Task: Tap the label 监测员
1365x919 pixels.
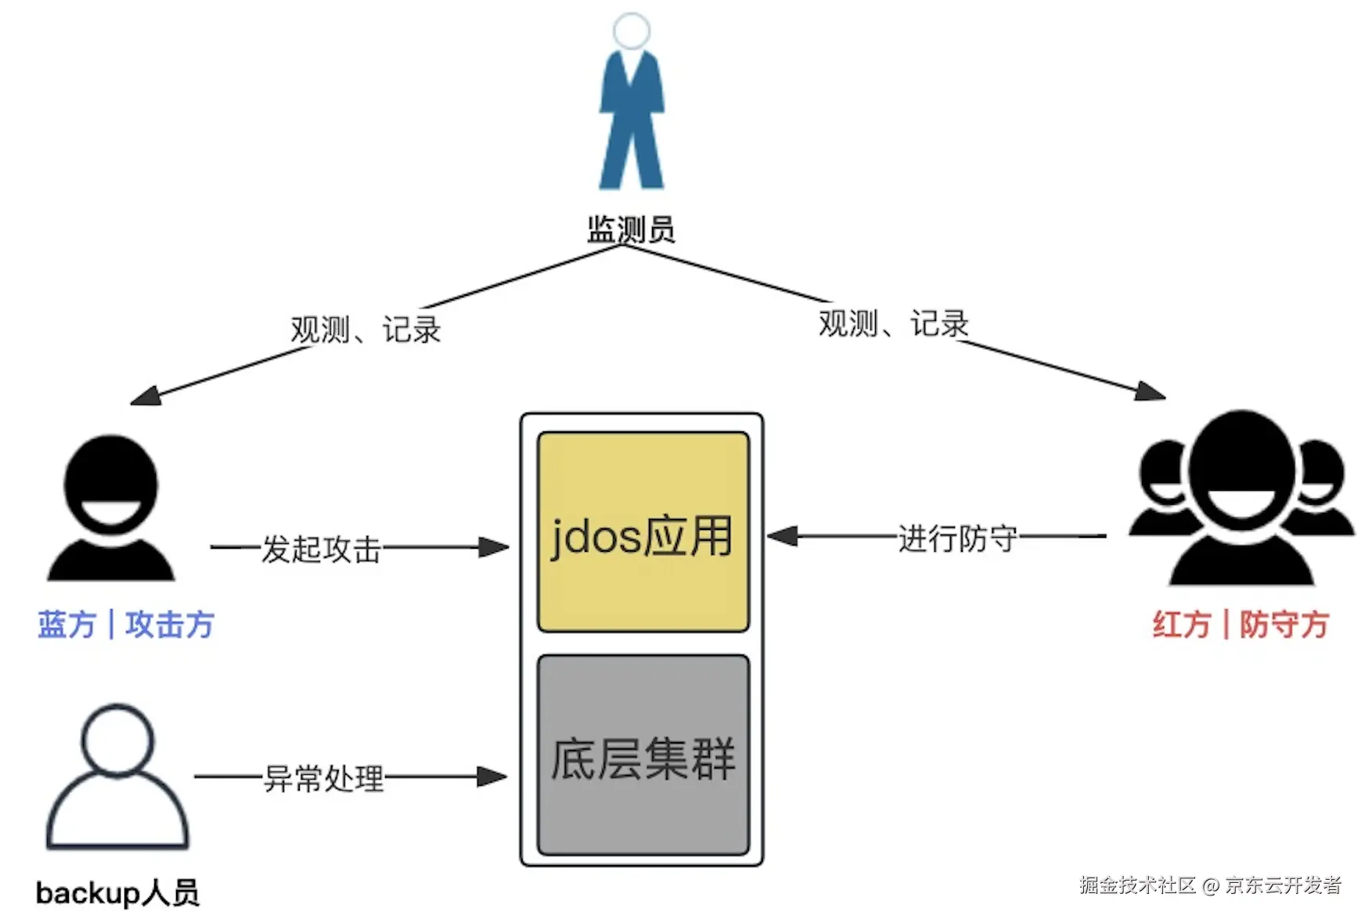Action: pyautogui.click(x=631, y=230)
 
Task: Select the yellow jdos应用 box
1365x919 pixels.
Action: pyautogui.click(x=643, y=532)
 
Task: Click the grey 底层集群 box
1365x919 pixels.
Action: pyautogui.click(x=643, y=755)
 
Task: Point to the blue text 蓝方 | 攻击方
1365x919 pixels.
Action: pyautogui.click(x=126, y=625)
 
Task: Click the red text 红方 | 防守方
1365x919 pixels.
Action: pyautogui.click(x=1241, y=625)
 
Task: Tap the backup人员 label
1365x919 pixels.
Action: pyautogui.click(x=117, y=892)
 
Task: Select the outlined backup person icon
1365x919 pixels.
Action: pyautogui.click(x=117, y=778)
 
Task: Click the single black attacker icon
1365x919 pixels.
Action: pyautogui.click(x=111, y=509)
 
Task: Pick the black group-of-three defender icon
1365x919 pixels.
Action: pyautogui.click(x=1242, y=501)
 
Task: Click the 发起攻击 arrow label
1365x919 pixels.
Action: pyautogui.click(x=321, y=549)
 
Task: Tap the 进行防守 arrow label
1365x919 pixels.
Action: pyautogui.click(x=957, y=539)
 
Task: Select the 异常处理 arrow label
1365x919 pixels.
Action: pyautogui.click(x=324, y=778)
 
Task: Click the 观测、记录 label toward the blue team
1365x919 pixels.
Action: pyautogui.click(x=366, y=330)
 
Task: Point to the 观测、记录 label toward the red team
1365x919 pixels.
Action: pyautogui.click(x=894, y=323)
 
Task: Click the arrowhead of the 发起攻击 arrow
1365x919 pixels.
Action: pyautogui.click(x=495, y=547)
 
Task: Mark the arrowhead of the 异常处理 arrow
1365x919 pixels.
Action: pyautogui.click(x=493, y=777)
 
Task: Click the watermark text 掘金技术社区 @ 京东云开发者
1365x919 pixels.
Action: pyautogui.click(x=1210, y=885)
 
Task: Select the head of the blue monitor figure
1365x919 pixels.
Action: pyautogui.click(x=632, y=31)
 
